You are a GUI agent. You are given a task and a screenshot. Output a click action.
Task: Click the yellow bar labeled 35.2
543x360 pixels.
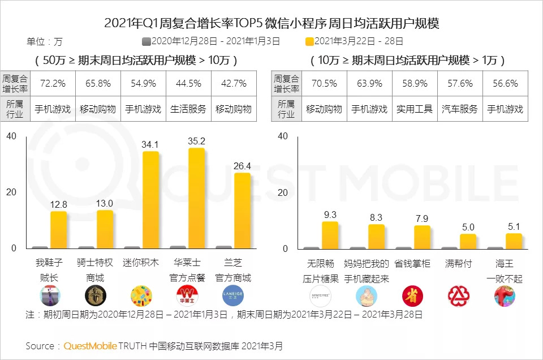click(x=196, y=198)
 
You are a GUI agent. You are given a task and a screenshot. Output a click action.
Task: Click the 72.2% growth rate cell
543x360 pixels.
click(x=53, y=83)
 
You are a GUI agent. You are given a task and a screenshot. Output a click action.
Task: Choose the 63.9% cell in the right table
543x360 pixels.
click(x=369, y=83)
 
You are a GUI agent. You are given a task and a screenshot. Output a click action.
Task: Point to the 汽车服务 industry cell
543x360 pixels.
click(x=459, y=109)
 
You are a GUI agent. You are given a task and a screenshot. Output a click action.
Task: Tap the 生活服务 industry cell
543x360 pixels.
click(x=188, y=109)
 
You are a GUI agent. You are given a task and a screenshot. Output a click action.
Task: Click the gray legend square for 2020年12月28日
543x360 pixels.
click(x=146, y=41)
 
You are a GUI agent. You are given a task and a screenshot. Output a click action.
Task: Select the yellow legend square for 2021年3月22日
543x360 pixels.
click(x=309, y=41)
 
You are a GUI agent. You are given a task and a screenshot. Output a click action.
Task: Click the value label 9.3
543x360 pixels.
click(x=330, y=215)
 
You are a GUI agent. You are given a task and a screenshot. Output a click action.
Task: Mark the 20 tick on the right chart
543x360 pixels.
click(x=283, y=192)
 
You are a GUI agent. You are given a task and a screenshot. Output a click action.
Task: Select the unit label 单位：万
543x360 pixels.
click(x=45, y=41)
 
